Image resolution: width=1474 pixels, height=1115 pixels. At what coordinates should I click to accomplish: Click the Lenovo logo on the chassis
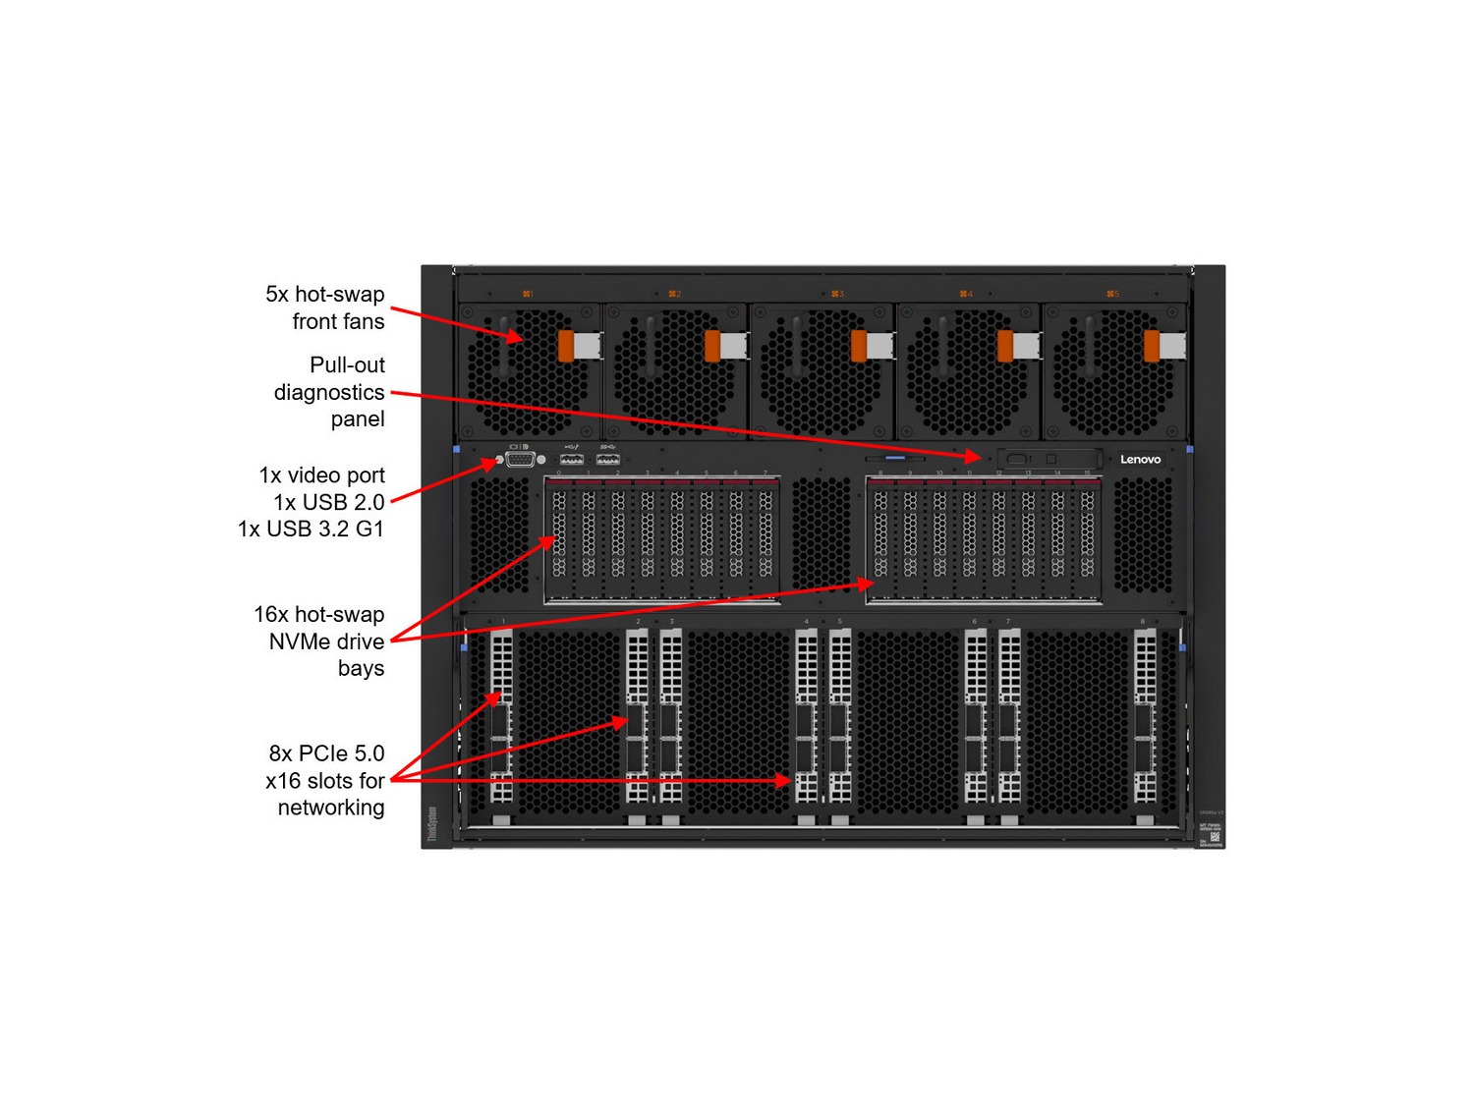1140,459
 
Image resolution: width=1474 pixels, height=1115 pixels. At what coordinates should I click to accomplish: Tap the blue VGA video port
520,459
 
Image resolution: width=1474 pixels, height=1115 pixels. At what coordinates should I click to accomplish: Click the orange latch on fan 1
566,346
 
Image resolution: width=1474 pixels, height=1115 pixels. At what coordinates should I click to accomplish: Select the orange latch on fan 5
1152,346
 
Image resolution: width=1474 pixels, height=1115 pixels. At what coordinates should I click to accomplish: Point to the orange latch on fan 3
859,346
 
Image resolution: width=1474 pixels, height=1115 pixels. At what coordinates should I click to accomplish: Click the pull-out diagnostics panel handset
1048,459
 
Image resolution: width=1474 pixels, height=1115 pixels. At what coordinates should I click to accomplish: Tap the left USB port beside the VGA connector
572,459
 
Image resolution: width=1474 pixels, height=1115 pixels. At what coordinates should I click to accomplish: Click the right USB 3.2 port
608,459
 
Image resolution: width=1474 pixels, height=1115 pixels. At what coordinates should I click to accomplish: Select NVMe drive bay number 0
559,535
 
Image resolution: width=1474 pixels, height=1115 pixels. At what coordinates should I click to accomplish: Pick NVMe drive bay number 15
1087,535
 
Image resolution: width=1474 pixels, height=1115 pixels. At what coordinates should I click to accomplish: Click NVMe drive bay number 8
880,535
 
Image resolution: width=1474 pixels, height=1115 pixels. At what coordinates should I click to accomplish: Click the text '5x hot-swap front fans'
325,307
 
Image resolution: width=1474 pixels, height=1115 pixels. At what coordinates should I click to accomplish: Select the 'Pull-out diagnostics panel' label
329,392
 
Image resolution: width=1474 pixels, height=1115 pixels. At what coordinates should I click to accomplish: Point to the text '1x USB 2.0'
329,502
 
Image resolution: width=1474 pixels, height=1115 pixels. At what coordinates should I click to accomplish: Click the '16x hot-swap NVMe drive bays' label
320,641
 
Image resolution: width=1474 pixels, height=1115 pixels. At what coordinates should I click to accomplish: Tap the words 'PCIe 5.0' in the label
341,753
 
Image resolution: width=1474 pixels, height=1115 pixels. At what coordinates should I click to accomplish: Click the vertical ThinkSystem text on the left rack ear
431,823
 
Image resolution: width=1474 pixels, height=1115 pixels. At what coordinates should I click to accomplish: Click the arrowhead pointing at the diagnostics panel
974,455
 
